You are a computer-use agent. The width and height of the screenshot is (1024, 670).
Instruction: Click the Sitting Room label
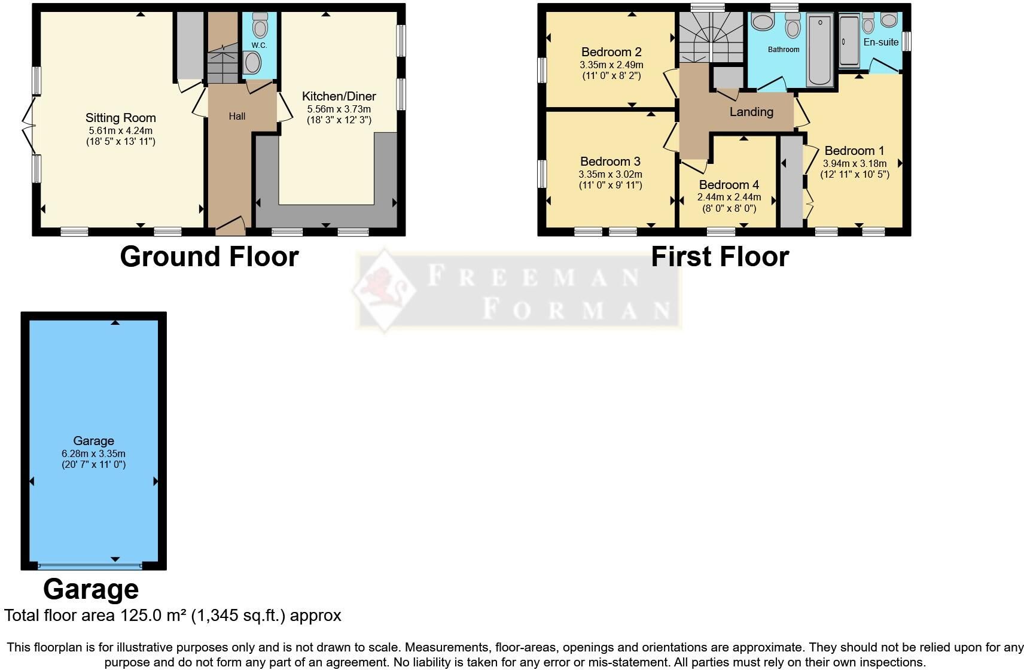[121, 118]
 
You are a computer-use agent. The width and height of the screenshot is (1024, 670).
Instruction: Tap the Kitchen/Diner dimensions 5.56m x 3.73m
[339, 109]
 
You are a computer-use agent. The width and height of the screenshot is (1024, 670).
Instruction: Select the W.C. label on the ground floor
[259, 45]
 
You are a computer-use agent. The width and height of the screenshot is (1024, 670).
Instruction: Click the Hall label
[237, 116]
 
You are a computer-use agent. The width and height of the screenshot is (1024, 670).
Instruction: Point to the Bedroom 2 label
[611, 52]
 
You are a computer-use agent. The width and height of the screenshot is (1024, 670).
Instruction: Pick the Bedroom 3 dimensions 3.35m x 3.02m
[610, 174]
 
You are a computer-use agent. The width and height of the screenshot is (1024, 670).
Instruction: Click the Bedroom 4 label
[729, 185]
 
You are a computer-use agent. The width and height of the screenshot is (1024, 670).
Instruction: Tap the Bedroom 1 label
[854, 151]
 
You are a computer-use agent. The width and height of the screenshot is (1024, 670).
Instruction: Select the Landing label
[751, 112]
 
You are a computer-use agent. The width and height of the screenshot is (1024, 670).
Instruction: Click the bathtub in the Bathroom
[819, 50]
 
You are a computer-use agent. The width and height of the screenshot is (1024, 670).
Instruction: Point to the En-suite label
[881, 42]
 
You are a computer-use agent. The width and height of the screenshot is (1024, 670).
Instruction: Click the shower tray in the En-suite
[849, 42]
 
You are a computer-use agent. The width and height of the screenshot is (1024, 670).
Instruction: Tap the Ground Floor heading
[209, 257]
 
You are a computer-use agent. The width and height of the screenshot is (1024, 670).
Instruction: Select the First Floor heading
[720, 257]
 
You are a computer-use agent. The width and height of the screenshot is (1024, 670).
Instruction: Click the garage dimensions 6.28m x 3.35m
[93, 453]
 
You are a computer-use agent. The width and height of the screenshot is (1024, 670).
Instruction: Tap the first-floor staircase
[711, 37]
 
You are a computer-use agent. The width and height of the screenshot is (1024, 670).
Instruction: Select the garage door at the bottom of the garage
[90, 566]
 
